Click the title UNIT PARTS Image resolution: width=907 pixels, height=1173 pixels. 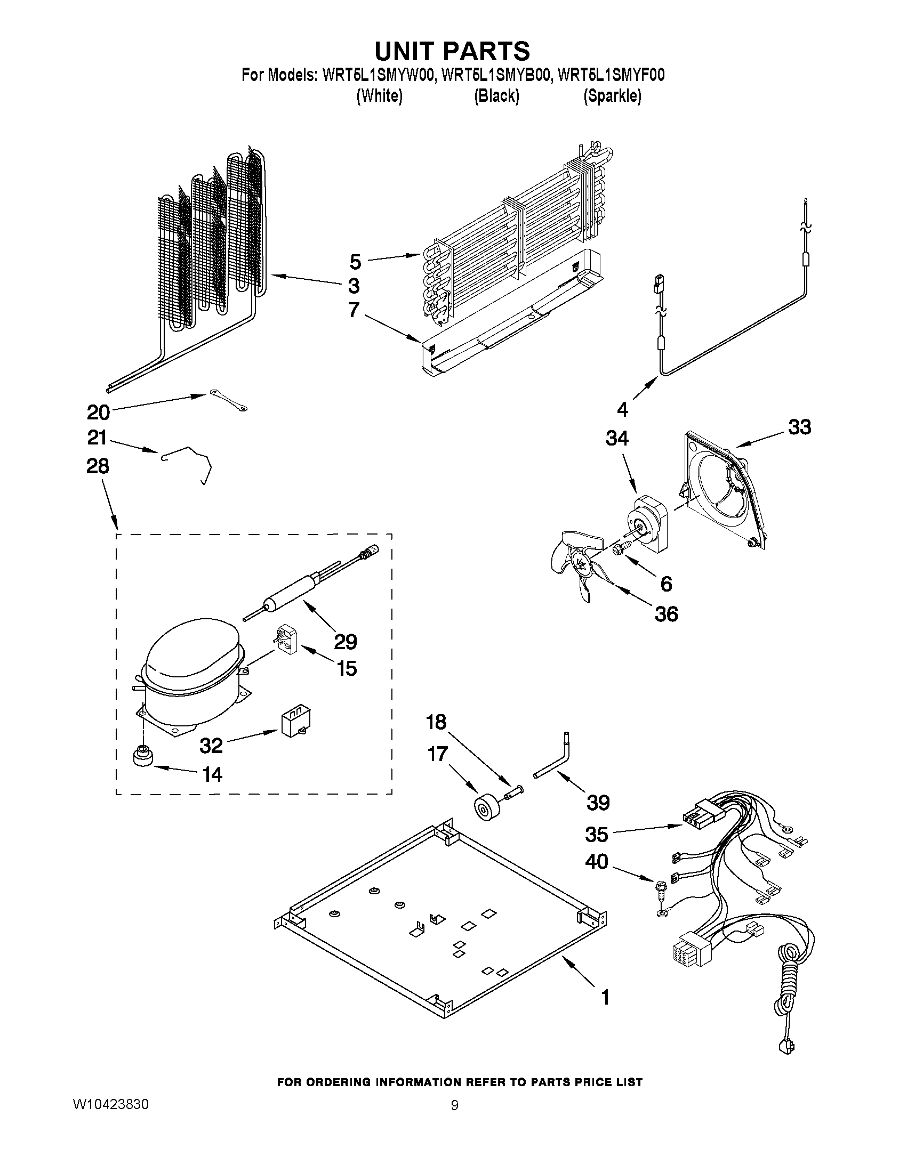(x=452, y=51)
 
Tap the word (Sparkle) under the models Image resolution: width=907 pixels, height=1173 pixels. (x=612, y=96)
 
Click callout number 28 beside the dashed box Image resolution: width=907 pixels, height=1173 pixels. (x=97, y=466)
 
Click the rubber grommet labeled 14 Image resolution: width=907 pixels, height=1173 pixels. (x=142, y=758)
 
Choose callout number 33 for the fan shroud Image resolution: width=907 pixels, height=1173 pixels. (x=799, y=427)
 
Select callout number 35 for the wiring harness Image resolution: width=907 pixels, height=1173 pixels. (x=597, y=835)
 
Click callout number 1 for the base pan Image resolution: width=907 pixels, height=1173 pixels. (x=605, y=997)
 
